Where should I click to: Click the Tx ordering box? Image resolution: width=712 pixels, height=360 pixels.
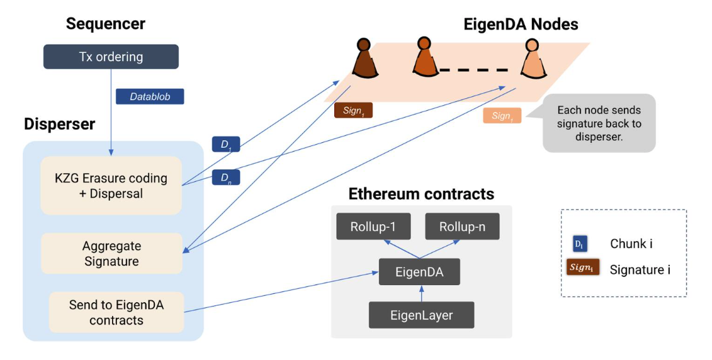click(111, 57)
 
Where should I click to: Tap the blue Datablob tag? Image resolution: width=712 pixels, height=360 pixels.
click(150, 96)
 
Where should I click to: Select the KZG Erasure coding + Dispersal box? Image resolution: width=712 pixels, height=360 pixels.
click(111, 186)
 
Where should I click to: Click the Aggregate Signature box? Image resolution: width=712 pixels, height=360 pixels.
click(111, 254)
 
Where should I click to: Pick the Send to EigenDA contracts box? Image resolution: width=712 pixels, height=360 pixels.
click(116, 312)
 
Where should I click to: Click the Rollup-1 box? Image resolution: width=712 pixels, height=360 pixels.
click(373, 227)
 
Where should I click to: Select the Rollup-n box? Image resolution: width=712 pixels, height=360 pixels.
click(462, 227)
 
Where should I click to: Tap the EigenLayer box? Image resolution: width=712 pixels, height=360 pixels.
click(421, 315)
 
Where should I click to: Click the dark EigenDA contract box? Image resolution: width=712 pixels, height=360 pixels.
click(419, 273)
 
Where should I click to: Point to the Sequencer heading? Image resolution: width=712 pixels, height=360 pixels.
click(106, 24)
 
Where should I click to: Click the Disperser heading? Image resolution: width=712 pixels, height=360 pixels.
click(60, 124)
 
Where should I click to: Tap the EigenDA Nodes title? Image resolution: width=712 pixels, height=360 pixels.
click(521, 25)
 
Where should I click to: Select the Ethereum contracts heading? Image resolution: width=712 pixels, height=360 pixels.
click(421, 193)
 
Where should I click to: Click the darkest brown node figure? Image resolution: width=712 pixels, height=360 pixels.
click(363, 60)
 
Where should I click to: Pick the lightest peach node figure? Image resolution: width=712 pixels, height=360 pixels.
click(532, 60)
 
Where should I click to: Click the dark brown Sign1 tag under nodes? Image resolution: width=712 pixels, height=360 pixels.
click(353, 111)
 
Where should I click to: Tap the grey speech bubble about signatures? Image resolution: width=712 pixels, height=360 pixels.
click(599, 123)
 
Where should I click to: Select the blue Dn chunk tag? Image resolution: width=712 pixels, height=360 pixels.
click(225, 177)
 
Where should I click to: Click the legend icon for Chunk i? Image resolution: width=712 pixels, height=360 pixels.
click(580, 244)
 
